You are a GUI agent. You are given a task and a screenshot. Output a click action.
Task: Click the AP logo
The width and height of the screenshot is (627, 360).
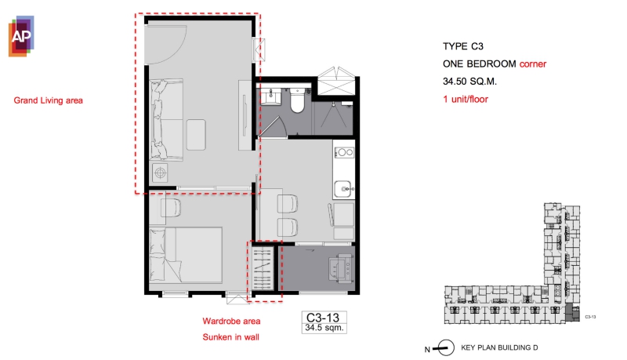point(21,36)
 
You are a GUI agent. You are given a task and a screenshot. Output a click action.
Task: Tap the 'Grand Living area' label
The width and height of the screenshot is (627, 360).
point(49,100)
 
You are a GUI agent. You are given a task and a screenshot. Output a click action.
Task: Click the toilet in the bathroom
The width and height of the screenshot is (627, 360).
point(297,100)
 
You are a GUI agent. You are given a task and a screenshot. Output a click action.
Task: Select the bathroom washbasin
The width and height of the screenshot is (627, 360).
point(271,96)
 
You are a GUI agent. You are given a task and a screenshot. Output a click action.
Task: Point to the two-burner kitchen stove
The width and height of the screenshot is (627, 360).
point(344,152)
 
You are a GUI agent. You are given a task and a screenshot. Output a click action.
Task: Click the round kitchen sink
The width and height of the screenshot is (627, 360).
point(343,188)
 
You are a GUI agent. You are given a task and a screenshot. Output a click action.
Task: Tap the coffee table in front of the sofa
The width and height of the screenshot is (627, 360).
point(196,135)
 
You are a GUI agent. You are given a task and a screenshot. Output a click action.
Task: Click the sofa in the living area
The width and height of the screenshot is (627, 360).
point(166,119)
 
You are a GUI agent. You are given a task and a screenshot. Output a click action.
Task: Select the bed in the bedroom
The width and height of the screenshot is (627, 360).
point(186,255)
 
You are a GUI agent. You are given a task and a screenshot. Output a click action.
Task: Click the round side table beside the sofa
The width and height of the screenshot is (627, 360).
point(161,173)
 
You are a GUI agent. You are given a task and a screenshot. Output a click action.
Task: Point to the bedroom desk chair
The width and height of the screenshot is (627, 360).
point(171,208)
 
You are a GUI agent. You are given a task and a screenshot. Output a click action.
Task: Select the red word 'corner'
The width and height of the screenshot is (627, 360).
point(533,64)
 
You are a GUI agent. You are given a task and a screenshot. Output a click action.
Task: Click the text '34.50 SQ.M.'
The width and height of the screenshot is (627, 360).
point(469,82)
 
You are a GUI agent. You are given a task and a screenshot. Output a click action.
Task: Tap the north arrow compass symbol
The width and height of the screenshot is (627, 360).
point(444,347)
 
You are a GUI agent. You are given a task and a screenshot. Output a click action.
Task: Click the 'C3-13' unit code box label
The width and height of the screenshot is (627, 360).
point(323,317)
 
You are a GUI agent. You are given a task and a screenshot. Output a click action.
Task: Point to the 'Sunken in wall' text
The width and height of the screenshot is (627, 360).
point(230,337)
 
